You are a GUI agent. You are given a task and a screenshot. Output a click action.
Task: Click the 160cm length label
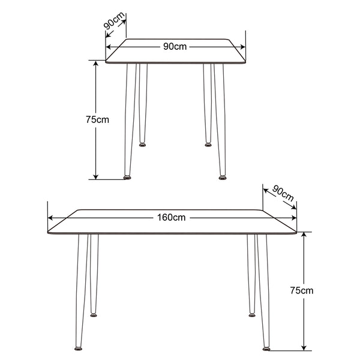(x=171, y=217)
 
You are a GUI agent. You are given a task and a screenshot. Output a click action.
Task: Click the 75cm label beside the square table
(x=97, y=119)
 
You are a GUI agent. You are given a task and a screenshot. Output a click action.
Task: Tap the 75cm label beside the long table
(x=301, y=290)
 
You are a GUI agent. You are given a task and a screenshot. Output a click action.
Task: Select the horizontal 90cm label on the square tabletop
(x=175, y=47)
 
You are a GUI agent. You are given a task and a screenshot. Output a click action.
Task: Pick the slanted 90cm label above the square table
(x=114, y=20)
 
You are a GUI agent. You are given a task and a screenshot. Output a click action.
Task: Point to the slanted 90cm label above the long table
(x=283, y=194)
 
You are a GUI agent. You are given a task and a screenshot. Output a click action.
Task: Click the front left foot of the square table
(x=127, y=178)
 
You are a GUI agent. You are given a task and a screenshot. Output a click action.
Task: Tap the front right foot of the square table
(x=222, y=178)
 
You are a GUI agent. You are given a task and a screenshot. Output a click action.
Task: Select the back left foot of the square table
(x=142, y=145)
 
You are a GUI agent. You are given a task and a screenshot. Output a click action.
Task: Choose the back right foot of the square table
(x=208, y=145)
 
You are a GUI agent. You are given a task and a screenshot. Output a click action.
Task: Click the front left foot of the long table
(x=78, y=349)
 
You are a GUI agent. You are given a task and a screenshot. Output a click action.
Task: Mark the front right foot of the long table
(x=266, y=349)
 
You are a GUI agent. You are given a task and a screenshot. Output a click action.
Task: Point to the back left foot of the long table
(x=94, y=315)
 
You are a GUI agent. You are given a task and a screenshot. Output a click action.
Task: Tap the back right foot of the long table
(x=252, y=315)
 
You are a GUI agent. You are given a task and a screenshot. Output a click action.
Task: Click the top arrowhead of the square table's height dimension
(x=96, y=63)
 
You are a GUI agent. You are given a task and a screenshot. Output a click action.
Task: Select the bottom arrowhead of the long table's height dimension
(x=304, y=347)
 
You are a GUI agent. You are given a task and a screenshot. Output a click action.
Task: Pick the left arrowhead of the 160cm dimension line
(x=50, y=218)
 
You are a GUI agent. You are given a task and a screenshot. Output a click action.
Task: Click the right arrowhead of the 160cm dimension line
(x=293, y=218)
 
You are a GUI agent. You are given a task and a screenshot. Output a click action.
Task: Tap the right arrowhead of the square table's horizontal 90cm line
(x=242, y=47)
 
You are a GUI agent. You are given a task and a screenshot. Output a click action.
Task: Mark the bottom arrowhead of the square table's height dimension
(x=96, y=176)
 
